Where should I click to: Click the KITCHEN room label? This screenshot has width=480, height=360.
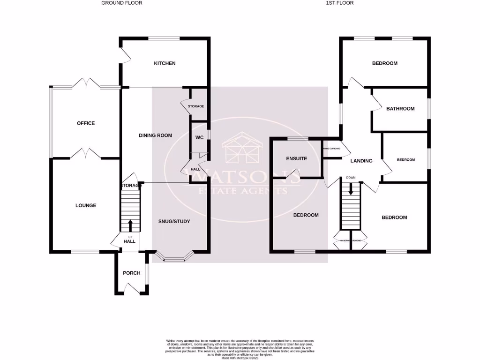point(165,63)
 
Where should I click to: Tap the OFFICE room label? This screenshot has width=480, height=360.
point(86,123)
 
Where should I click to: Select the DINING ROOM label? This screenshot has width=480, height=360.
point(155,135)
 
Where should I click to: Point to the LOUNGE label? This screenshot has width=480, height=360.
point(86,205)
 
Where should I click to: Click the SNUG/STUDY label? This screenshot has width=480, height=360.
point(174,221)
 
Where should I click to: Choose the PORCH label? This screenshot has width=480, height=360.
point(131,273)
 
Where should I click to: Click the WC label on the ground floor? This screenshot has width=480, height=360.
point(199,138)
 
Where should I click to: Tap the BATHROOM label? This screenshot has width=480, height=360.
point(400,109)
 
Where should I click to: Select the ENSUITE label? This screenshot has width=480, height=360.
point(296,158)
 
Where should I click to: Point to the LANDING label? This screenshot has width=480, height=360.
point(361,161)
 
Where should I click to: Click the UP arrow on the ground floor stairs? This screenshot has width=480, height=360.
point(130,225)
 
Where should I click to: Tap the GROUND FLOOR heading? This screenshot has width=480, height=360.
point(122,3)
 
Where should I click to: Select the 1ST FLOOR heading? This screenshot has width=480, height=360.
point(339,3)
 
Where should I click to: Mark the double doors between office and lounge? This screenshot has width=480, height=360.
point(85,153)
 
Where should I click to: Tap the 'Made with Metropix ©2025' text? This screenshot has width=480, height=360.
point(240,358)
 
